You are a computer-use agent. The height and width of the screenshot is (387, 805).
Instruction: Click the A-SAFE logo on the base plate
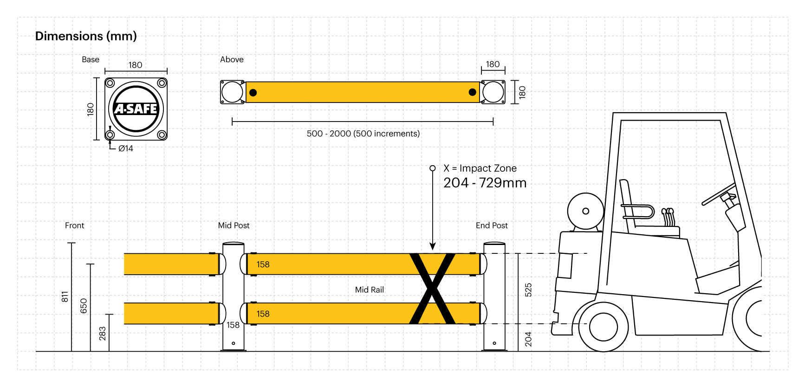[x=136, y=109]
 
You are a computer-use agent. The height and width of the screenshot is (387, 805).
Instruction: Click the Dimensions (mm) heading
[x=86, y=36]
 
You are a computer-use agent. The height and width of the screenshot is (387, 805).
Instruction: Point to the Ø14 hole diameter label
[x=126, y=148]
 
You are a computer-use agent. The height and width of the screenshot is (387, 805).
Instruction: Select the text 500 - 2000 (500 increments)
[x=363, y=134]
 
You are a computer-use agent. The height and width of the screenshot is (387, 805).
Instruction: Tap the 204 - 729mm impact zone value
[x=485, y=183]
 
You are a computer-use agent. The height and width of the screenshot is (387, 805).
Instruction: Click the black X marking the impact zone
[x=432, y=288]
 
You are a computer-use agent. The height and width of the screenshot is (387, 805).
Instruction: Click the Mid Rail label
[x=370, y=290]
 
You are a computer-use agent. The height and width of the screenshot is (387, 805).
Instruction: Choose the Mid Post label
[x=234, y=226]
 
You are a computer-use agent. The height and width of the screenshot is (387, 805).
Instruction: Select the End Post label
[x=492, y=226]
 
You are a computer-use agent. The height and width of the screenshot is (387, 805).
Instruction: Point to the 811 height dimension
[x=65, y=297]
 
